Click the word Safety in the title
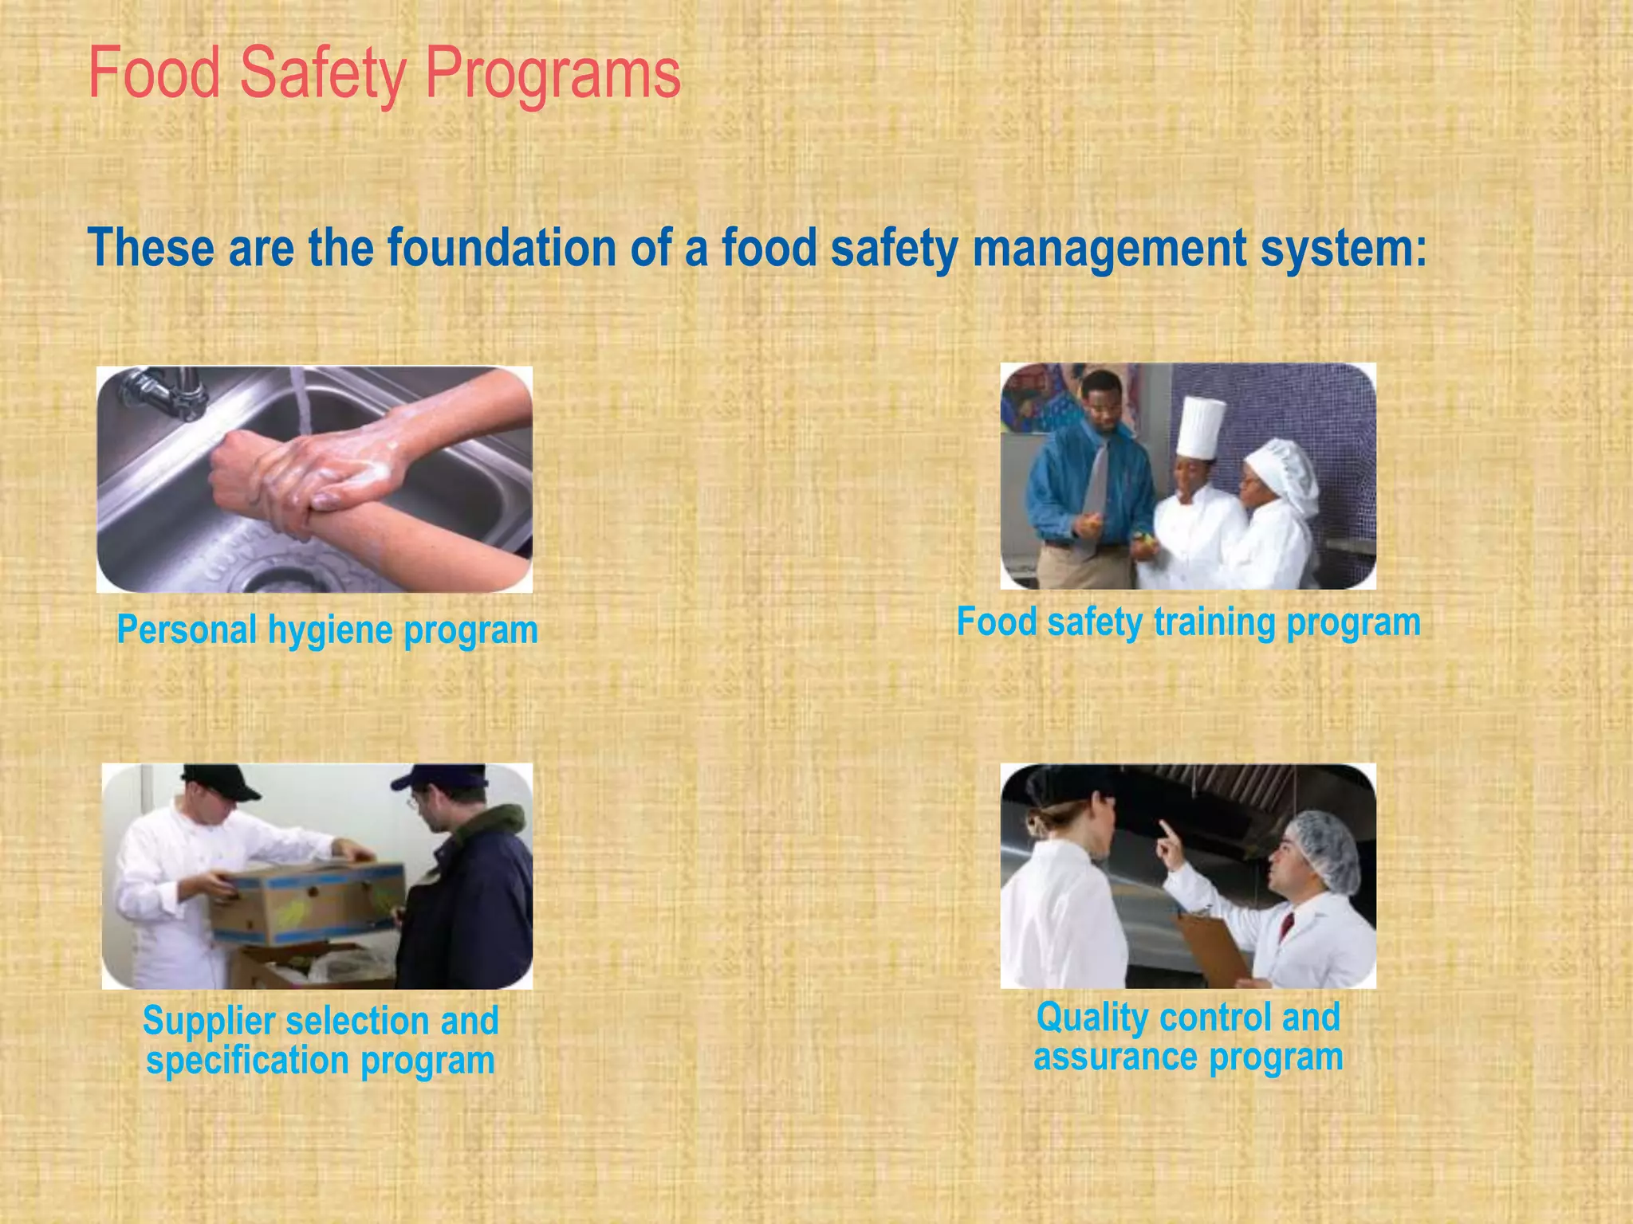322,73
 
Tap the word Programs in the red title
553,73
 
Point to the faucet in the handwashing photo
163,393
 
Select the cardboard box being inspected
307,901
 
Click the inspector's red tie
1286,926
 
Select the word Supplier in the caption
208,1022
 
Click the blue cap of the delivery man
440,775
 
